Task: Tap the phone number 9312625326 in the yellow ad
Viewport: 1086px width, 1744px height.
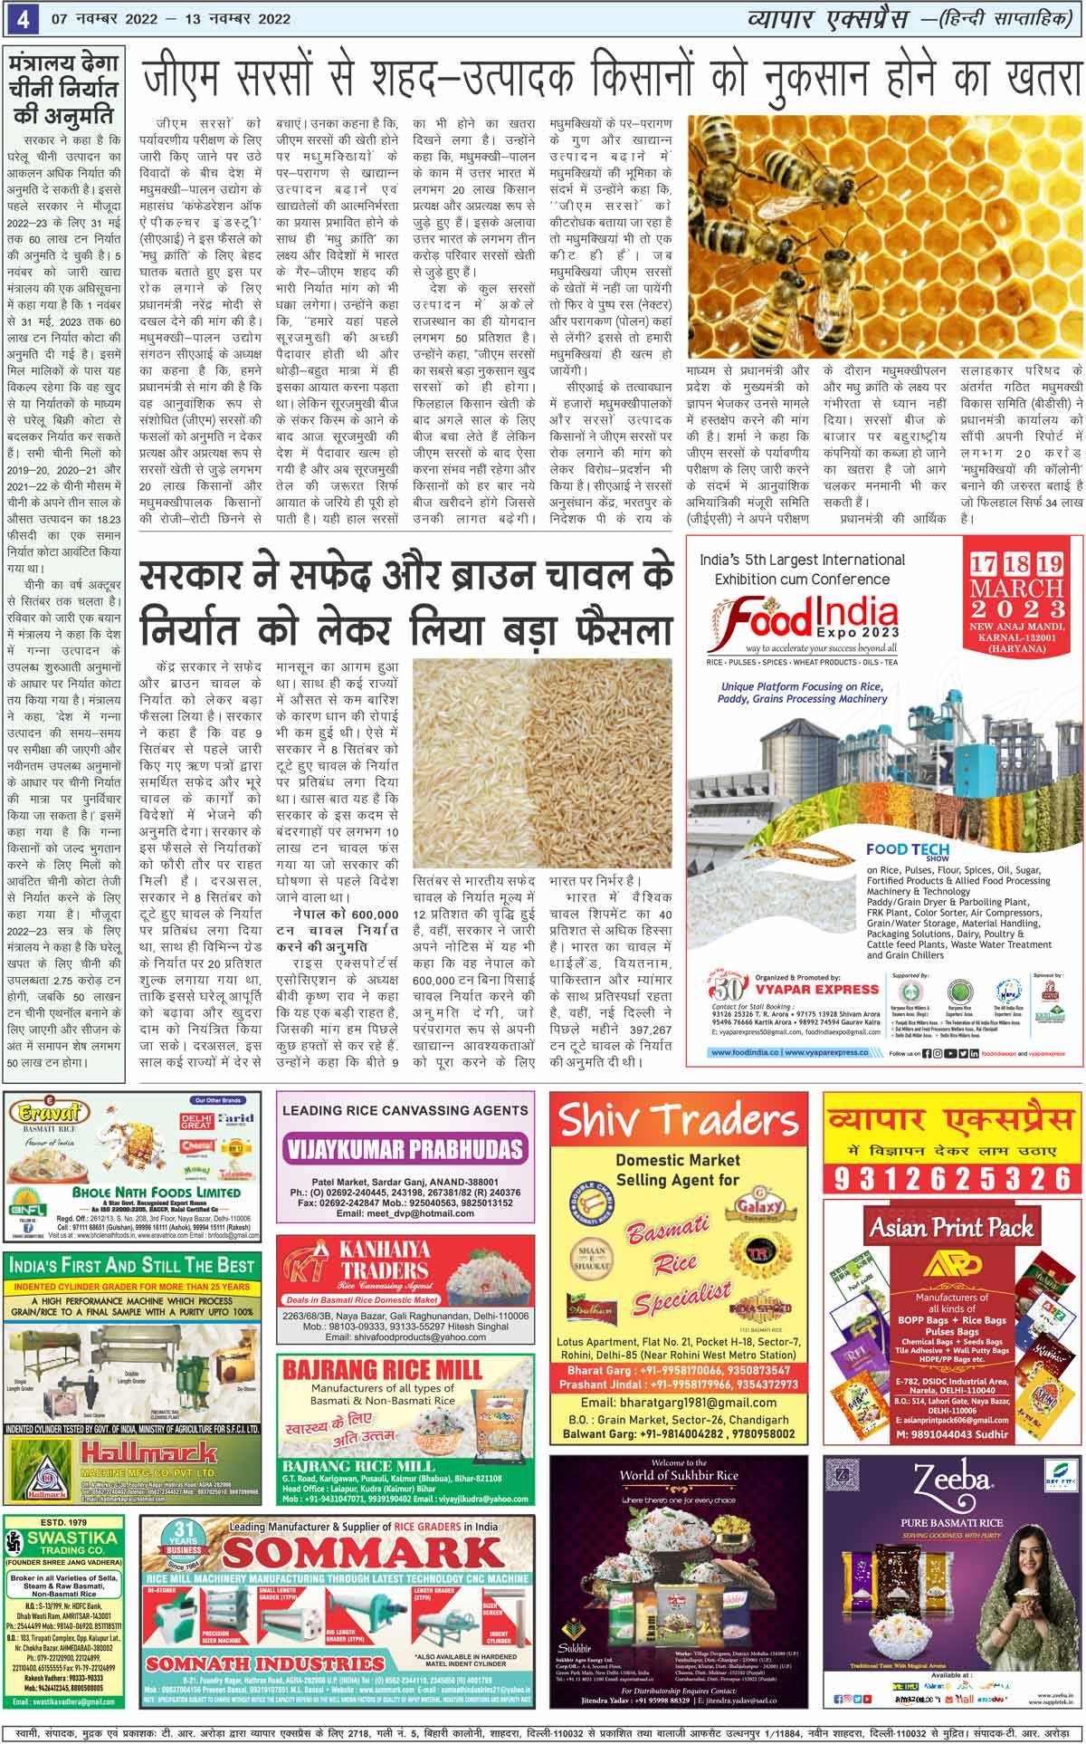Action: coord(953,1178)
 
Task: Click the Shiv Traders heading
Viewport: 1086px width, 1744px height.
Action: coord(678,1120)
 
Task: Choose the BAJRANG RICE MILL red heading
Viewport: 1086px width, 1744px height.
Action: coord(383,1369)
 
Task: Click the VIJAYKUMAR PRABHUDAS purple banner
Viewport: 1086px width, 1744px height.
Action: coord(405,1150)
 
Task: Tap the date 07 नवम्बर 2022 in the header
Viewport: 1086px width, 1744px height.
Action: coord(94,17)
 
